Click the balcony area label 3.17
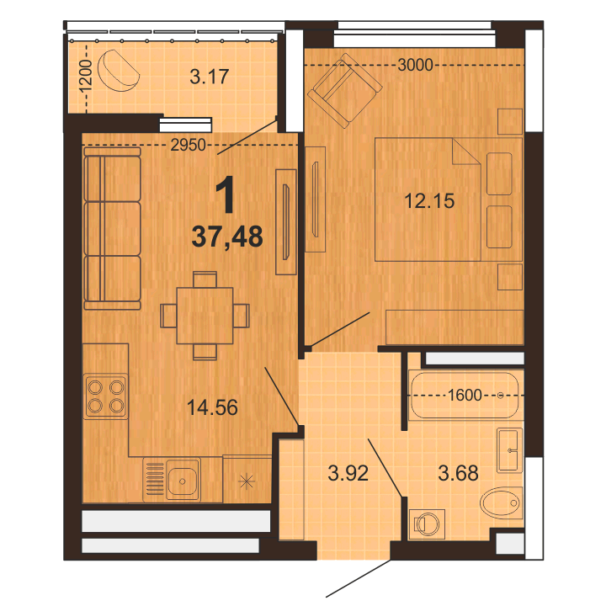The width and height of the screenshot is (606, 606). click(x=209, y=77)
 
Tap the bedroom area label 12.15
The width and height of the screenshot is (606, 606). click(x=429, y=201)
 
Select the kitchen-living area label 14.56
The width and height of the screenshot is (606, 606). click(x=212, y=407)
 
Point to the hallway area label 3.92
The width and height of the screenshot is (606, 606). click(x=348, y=473)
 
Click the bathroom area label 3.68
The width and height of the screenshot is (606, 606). click(x=458, y=473)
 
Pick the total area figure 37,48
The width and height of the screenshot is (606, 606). click(x=227, y=237)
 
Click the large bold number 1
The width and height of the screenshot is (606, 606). click(x=226, y=194)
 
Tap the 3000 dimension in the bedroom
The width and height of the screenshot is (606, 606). click(x=415, y=65)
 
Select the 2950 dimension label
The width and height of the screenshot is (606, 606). click(x=189, y=145)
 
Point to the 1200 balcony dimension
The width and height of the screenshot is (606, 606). click(x=85, y=77)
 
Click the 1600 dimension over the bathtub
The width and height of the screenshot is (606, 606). click(x=465, y=395)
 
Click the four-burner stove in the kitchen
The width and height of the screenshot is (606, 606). click(x=106, y=396)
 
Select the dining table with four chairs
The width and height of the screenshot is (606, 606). click(x=205, y=316)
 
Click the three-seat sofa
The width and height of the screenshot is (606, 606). click(x=112, y=229)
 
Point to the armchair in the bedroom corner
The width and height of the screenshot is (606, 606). click(x=345, y=91)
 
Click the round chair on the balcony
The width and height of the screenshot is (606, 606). click(x=119, y=71)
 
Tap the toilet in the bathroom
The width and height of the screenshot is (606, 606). click(x=502, y=502)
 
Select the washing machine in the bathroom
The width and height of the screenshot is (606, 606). click(x=427, y=524)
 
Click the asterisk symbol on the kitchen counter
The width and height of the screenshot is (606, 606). click(x=246, y=481)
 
